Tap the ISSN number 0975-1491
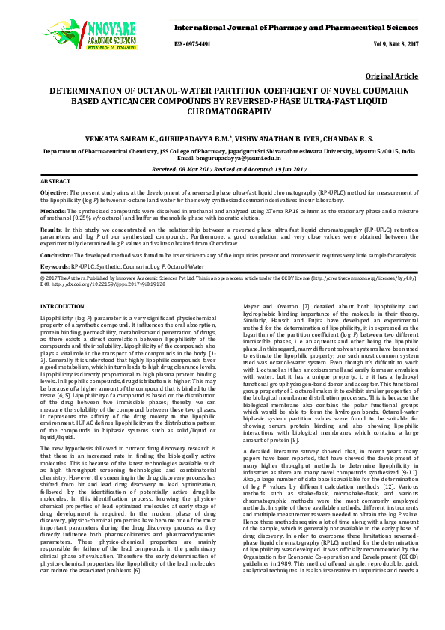click(x=193, y=44)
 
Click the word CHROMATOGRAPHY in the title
click(x=221, y=111)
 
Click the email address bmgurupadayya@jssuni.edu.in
click(x=246, y=159)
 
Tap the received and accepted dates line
click(x=221, y=170)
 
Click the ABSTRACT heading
click(x=55, y=182)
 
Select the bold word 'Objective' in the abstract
click(x=54, y=194)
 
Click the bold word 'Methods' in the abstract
click(x=52, y=211)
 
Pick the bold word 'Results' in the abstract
click(x=50, y=230)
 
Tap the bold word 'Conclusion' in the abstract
click(x=57, y=255)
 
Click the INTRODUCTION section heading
click(x=61, y=307)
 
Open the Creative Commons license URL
click(x=358, y=278)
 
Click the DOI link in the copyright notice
click(x=107, y=284)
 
